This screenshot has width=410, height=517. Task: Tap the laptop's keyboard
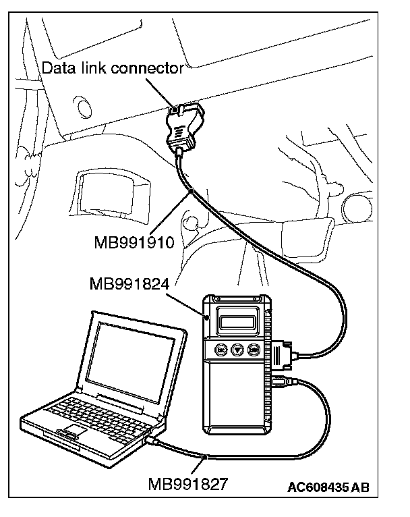click(81, 408)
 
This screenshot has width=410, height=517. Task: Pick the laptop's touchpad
click(76, 431)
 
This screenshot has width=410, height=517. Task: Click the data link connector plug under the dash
click(183, 125)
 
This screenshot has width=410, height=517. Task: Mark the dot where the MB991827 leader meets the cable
click(206, 458)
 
